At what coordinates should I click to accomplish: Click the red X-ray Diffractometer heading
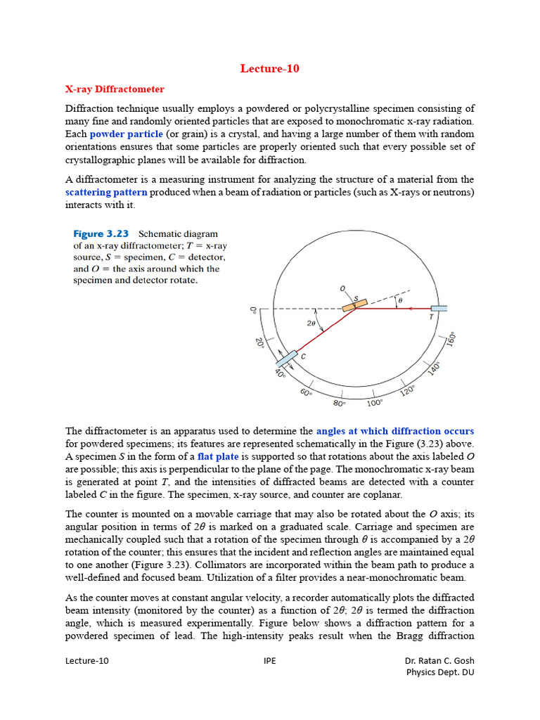tap(115, 89)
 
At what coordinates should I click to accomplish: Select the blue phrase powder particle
tap(127, 134)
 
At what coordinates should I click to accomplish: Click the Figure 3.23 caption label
tap(101, 233)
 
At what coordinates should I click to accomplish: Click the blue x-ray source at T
tap(439, 308)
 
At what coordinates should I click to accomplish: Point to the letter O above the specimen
tap(342, 288)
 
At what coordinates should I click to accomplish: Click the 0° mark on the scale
tap(254, 309)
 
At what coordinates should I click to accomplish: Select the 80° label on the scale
tap(339, 404)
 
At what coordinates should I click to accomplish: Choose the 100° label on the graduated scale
tap(375, 403)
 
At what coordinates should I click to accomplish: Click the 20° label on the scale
tap(259, 342)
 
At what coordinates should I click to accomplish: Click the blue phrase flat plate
tap(219, 456)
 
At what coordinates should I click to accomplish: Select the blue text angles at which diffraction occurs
tap(394, 431)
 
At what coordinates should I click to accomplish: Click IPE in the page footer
tap(269, 661)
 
